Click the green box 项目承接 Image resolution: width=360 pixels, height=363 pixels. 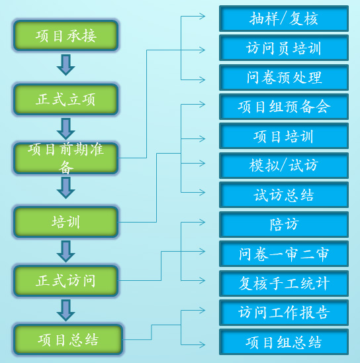[x=66, y=35]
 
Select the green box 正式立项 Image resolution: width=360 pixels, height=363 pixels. [x=66, y=99]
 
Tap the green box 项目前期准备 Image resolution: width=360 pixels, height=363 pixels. [x=66, y=158]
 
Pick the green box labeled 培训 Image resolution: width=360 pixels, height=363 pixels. [x=66, y=222]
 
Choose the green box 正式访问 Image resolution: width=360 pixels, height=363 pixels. [x=66, y=281]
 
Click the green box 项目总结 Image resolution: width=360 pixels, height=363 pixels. [x=68, y=340]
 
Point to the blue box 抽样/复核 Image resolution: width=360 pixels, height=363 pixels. [x=284, y=19]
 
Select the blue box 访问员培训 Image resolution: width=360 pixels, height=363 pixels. [x=284, y=48]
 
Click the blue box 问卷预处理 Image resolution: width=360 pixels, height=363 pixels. [x=284, y=78]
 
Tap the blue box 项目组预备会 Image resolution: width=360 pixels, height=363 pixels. [x=284, y=107]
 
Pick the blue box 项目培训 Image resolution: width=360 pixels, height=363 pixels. [x=284, y=136]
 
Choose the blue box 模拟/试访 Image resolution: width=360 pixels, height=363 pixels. [x=284, y=166]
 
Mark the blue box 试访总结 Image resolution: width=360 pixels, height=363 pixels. [x=284, y=195]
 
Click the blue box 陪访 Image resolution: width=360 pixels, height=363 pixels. [x=284, y=225]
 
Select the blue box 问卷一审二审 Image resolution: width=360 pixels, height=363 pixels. [x=284, y=254]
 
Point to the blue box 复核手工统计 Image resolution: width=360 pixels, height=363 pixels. [x=284, y=284]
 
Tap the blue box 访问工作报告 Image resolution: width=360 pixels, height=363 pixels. [x=284, y=313]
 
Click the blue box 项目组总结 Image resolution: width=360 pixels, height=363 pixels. [x=284, y=342]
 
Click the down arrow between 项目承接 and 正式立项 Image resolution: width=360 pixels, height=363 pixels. [x=66, y=65]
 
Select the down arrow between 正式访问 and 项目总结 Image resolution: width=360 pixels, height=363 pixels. [x=66, y=311]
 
